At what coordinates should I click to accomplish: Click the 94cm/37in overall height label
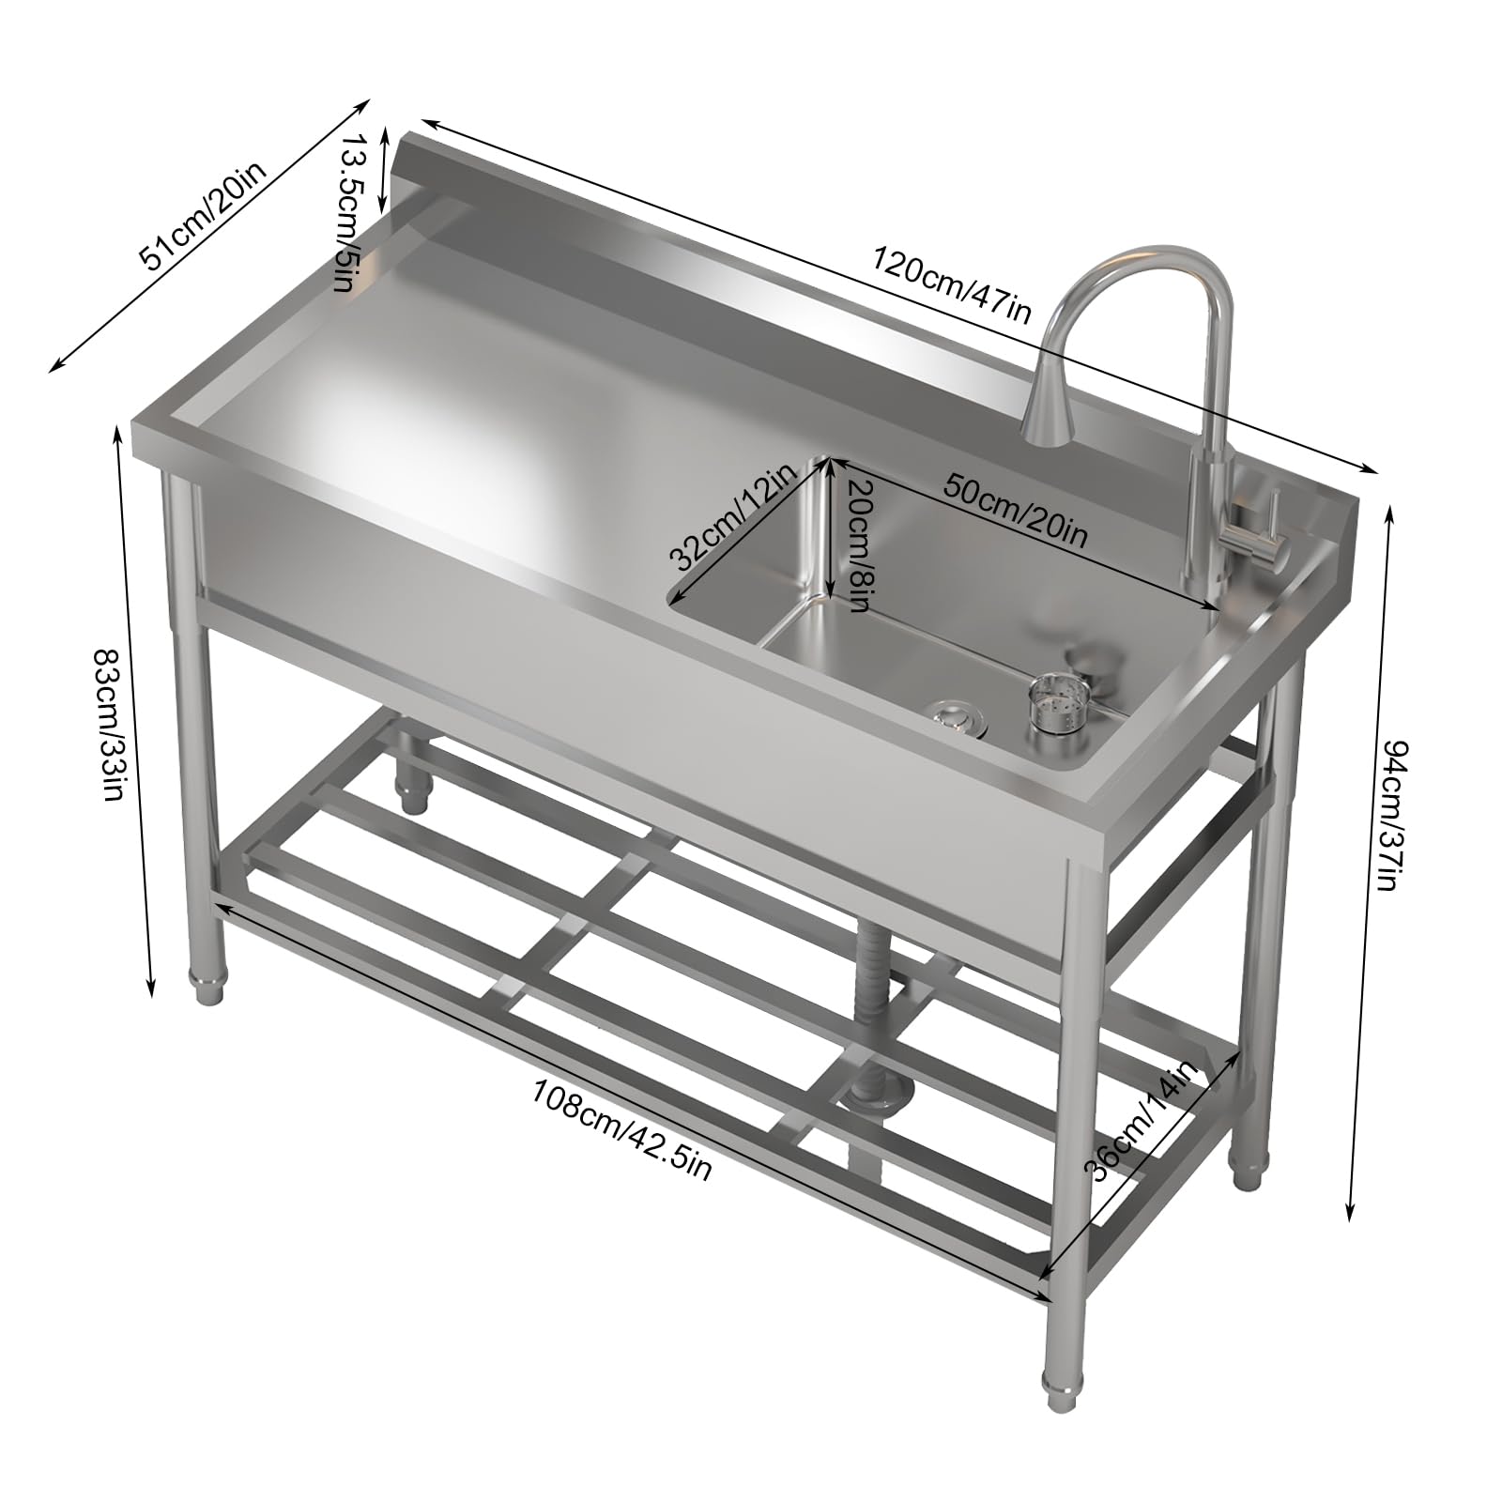tap(1389, 816)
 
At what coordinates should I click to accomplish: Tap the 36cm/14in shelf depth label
tap(1142, 1121)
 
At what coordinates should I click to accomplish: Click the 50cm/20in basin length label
tap(1015, 511)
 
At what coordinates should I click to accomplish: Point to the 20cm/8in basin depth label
tap(857, 545)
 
